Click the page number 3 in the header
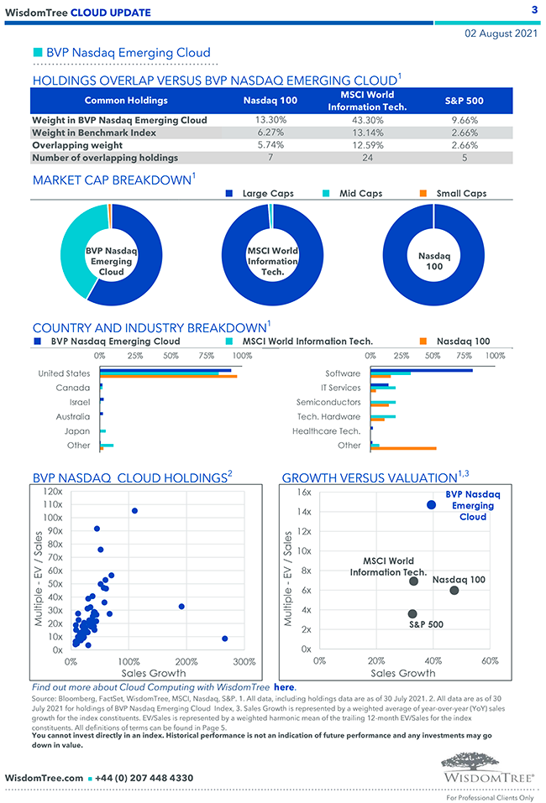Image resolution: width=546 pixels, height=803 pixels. [534, 10]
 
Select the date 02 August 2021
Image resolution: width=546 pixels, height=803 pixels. [501, 34]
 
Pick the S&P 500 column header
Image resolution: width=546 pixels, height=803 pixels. [464, 101]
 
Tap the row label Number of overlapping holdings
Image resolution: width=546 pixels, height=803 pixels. [105, 157]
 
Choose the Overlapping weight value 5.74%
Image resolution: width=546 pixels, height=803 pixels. [270, 145]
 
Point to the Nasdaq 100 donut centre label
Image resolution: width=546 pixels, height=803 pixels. [433, 260]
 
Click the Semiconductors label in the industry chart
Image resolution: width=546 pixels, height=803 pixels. [328, 402]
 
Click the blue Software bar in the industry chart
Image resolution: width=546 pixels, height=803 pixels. [422, 370]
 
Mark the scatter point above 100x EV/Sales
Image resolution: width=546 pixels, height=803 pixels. [134, 510]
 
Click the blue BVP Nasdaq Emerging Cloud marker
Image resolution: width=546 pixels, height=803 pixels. [432, 505]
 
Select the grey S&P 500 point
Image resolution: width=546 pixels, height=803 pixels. [412, 613]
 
